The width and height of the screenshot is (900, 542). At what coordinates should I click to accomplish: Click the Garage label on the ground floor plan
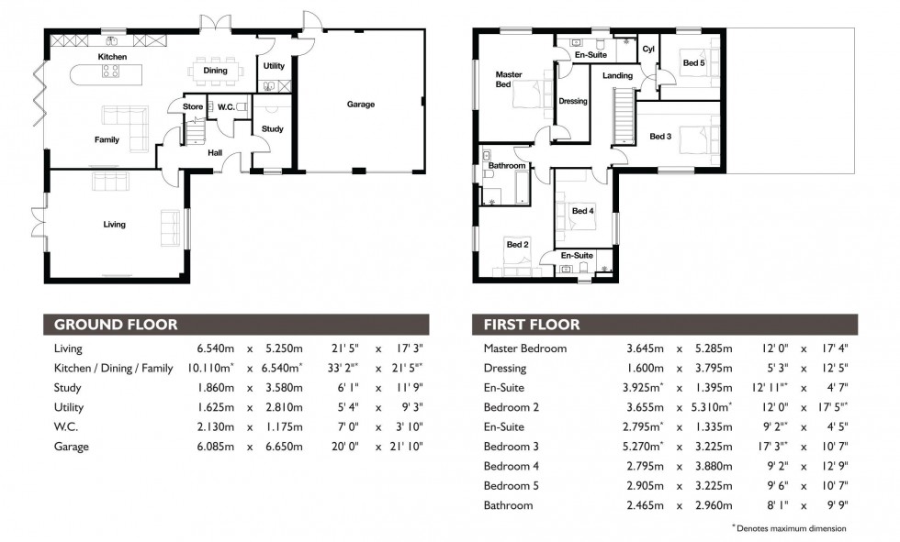pos(360,105)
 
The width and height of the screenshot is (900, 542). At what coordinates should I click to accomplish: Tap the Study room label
pos(273,129)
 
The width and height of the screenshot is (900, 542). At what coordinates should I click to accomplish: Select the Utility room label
pos(274,66)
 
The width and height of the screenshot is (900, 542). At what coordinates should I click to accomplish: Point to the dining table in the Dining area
pos(216,70)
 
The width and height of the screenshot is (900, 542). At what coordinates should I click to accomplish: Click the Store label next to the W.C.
pos(193,107)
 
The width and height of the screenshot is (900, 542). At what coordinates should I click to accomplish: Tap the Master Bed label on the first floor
pos(509,80)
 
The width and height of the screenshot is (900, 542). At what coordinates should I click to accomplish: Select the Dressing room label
pos(572,102)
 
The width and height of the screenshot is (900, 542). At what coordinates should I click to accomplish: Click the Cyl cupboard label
pos(647,50)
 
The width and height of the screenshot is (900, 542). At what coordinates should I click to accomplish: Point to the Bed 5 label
pos(693,63)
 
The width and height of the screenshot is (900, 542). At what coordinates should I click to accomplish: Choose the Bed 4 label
pos(583,212)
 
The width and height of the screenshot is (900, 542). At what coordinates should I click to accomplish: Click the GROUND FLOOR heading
pos(116,325)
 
